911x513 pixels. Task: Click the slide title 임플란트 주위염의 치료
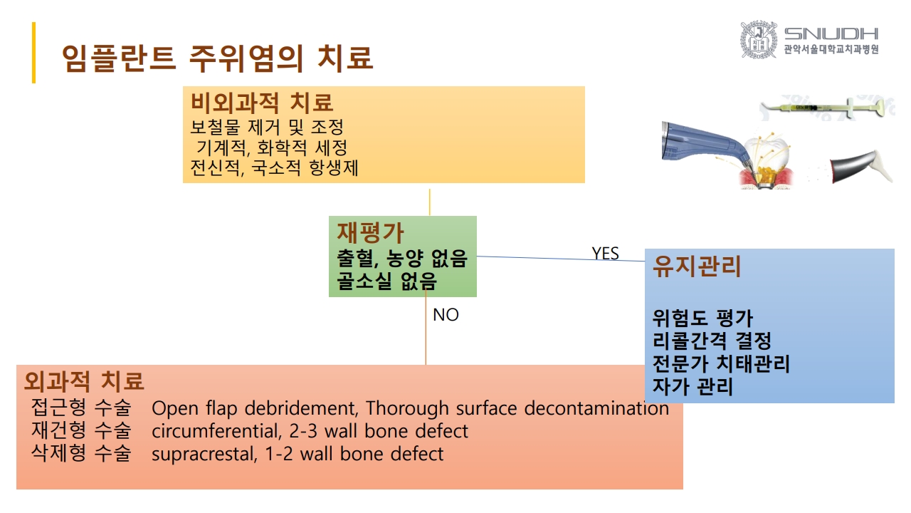(218, 58)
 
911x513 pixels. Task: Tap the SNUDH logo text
(831, 33)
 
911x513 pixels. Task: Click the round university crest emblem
(759, 39)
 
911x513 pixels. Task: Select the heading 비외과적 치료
(262, 103)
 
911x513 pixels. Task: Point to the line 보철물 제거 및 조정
(267, 128)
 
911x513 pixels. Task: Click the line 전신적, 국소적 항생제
(275, 167)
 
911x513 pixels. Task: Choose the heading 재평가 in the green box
(370, 232)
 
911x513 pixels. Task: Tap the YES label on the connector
(605, 254)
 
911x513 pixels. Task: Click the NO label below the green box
(446, 315)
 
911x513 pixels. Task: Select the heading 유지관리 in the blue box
(697, 266)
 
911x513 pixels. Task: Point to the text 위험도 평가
(702, 318)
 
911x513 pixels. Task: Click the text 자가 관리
(693, 386)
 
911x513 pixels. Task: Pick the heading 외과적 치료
(84, 381)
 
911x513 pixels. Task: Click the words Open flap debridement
(255, 408)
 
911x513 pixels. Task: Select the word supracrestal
(204, 455)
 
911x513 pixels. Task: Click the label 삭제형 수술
(81, 453)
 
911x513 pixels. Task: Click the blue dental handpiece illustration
(707, 145)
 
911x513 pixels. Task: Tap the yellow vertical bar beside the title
(33, 53)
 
